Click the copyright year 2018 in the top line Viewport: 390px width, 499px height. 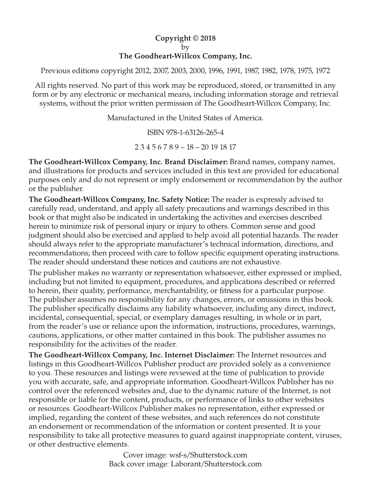click(x=208, y=38)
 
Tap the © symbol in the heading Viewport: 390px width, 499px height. click(x=196, y=38)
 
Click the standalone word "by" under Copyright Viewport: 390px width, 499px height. click(x=185, y=47)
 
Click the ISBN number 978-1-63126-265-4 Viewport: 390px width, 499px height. click(x=195, y=133)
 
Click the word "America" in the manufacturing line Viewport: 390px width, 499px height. click(x=249, y=118)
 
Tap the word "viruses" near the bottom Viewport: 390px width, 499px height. click(x=328, y=435)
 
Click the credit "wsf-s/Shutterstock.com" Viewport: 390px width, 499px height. click(x=208, y=455)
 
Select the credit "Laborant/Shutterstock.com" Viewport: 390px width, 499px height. click(x=216, y=464)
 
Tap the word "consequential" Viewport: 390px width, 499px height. click(x=90, y=317)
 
